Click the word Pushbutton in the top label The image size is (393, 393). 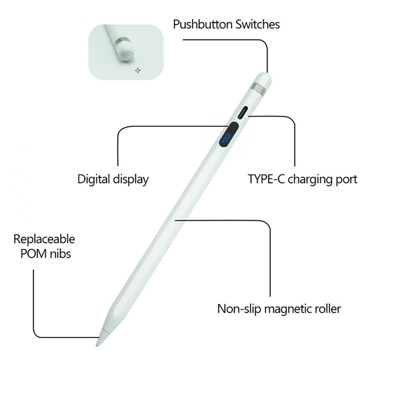(x=203, y=25)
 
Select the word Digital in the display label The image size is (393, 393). (x=94, y=180)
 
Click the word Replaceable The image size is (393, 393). (x=44, y=239)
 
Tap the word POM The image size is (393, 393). (x=33, y=254)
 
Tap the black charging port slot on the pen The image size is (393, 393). (x=243, y=113)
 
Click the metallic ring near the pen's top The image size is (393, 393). (x=258, y=88)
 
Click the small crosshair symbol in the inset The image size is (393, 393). (x=138, y=71)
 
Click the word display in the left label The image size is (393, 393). (x=131, y=180)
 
